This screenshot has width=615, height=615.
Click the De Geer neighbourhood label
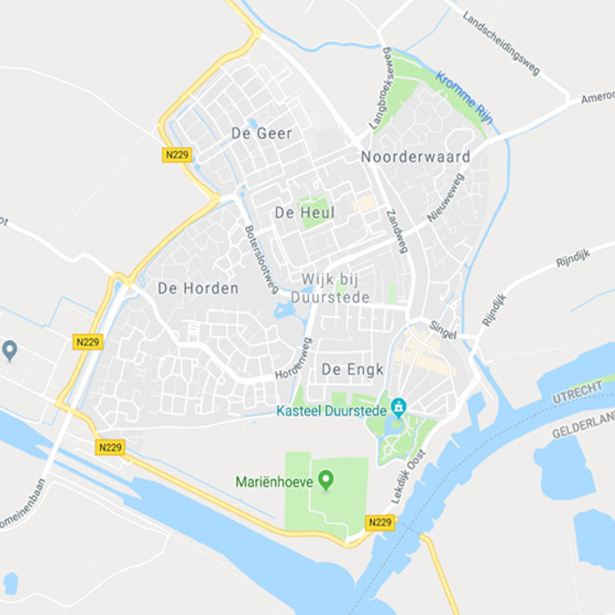pyautogui.click(x=262, y=133)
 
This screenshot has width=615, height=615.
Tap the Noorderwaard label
pyautogui.click(x=416, y=157)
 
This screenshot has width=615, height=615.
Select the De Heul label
pyautogui.click(x=304, y=212)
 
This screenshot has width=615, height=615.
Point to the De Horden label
pyautogui.click(x=197, y=288)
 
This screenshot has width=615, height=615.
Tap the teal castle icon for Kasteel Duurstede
pyautogui.click(x=398, y=406)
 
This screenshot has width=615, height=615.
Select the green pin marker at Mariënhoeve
pyautogui.click(x=326, y=480)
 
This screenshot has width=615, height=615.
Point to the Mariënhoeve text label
pyautogui.click(x=273, y=481)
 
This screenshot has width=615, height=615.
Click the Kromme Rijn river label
pyautogui.click(x=464, y=98)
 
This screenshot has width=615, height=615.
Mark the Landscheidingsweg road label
pyautogui.click(x=501, y=43)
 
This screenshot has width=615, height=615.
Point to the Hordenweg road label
pyautogui.click(x=292, y=357)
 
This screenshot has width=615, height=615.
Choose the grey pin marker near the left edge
pyautogui.click(x=10, y=349)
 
